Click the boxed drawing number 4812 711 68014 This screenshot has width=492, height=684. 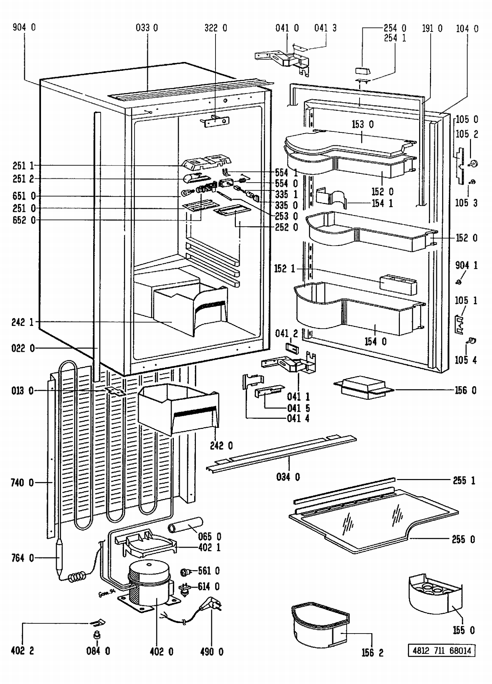(x=441, y=651)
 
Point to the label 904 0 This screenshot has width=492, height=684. (x=24, y=28)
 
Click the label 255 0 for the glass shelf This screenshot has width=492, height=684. (x=463, y=539)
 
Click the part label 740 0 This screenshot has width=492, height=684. (x=22, y=483)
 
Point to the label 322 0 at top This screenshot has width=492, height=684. (x=215, y=28)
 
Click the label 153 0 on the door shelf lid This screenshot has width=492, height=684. (x=362, y=125)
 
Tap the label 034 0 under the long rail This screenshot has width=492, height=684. (x=288, y=477)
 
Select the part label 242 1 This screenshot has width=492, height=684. (x=22, y=322)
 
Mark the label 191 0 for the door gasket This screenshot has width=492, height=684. (x=432, y=29)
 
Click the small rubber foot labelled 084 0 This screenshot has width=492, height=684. (x=97, y=635)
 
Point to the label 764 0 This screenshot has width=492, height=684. (x=22, y=558)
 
